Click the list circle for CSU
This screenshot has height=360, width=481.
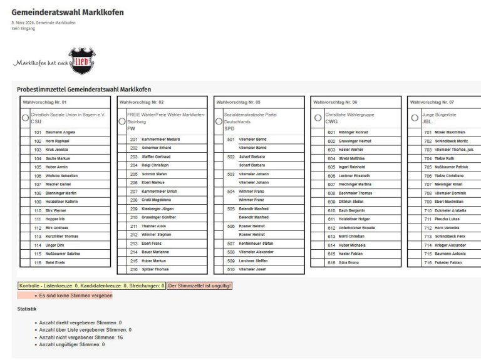[x=26, y=118]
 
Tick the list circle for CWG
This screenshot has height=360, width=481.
[x=318, y=118]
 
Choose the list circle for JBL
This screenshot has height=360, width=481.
[x=414, y=118]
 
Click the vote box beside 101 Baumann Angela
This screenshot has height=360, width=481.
[x=27, y=133]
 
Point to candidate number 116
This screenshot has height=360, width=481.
[x=38, y=263]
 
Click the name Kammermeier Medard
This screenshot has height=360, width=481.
[x=161, y=139]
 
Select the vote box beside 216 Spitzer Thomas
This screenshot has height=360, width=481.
[x=123, y=269]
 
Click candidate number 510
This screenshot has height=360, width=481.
[x=230, y=269]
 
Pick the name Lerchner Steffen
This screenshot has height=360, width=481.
[x=253, y=260]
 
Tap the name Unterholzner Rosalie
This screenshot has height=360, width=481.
[x=356, y=228]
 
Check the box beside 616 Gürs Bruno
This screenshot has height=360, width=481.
[x=318, y=263]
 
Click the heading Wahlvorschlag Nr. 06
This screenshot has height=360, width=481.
[x=335, y=101]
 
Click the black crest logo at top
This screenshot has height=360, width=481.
[x=81, y=61]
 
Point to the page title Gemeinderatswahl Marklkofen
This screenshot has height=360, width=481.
[x=68, y=13]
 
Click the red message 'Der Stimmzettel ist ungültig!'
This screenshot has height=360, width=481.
[x=200, y=286]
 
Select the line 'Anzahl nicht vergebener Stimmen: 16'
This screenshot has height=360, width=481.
[x=81, y=337]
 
